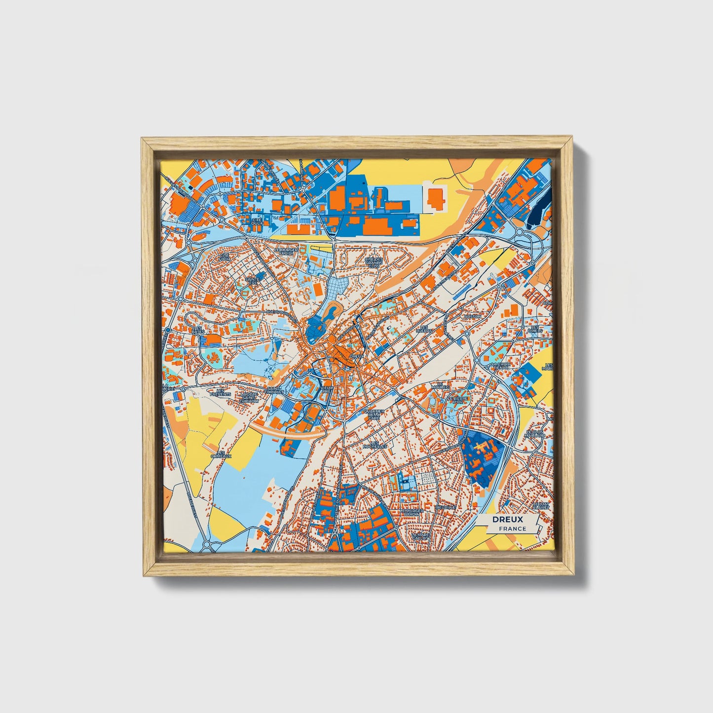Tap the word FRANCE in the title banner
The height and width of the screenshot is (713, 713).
click(512, 528)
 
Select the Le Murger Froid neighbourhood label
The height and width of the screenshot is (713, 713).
click(287, 252)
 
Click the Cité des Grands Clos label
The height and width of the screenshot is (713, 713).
click(374, 262)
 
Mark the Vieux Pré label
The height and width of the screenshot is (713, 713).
click(327, 390)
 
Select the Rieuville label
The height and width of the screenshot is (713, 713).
click(445, 507)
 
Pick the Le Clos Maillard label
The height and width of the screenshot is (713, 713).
click(535, 434)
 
